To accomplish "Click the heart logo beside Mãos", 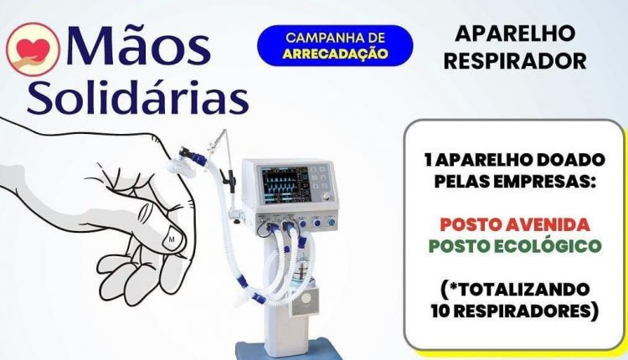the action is click(33, 49).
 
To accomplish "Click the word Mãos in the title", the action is click(138, 45).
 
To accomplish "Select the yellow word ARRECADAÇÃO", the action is click(335, 54).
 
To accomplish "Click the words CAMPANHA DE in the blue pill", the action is click(335, 38).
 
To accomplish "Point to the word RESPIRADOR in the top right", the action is click(515, 61).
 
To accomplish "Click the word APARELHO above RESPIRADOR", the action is click(515, 33).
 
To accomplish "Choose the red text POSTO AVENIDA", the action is click(515, 224).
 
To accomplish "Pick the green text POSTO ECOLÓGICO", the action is click(515, 245).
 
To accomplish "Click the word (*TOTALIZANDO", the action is click(515, 289).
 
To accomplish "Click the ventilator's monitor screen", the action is click(285, 184).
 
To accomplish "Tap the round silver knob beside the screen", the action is click(326, 196).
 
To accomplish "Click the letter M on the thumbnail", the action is click(172, 239).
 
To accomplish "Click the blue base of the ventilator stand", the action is click(288, 351).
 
